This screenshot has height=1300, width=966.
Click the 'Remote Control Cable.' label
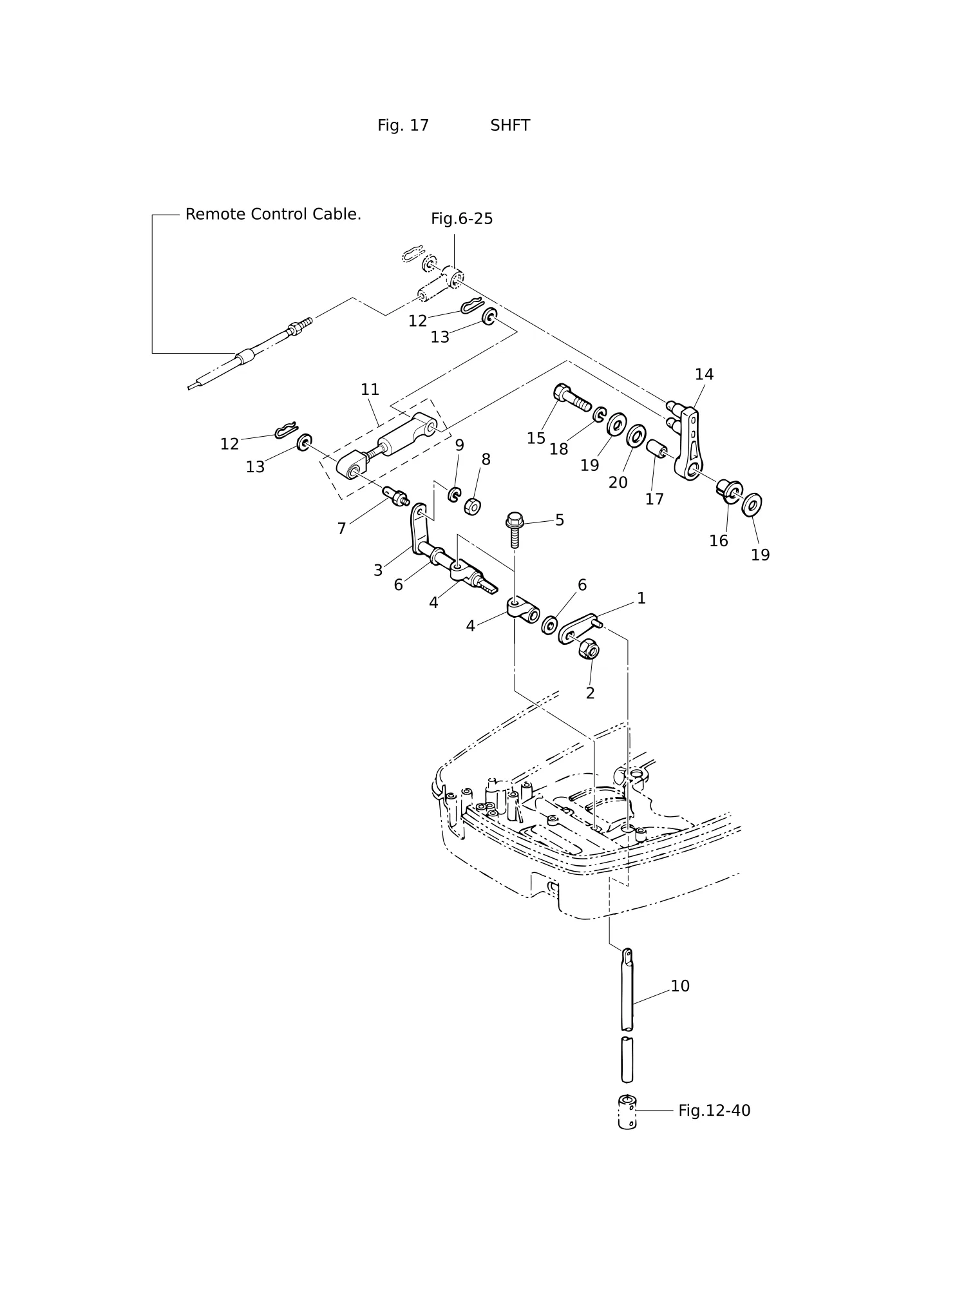coord(273,215)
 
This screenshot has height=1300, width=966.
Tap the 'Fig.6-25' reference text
coord(462,219)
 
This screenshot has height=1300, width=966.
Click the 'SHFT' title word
coord(510,126)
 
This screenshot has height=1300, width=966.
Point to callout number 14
coord(704,374)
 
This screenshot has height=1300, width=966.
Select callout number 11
coord(370,390)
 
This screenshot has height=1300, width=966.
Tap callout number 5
coord(560,520)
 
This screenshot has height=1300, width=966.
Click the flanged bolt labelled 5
coord(515,530)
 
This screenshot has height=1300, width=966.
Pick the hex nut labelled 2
coord(589,648)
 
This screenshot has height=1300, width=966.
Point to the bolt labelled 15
coord(571,397)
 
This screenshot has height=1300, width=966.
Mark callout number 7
coord(342,529)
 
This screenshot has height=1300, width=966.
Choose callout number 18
coord(558,450)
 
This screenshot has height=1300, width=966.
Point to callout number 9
coord(459,445)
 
